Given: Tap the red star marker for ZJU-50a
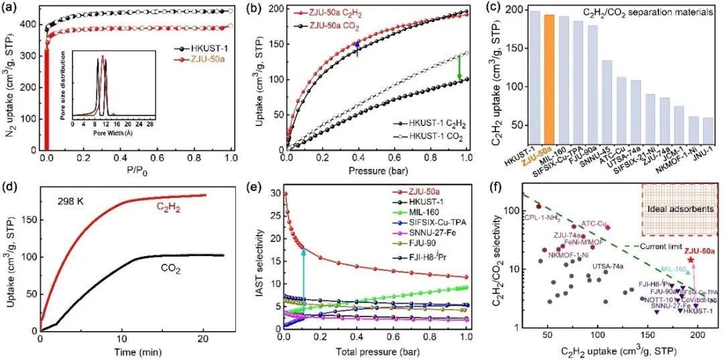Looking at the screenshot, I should (x=690, y=259).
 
